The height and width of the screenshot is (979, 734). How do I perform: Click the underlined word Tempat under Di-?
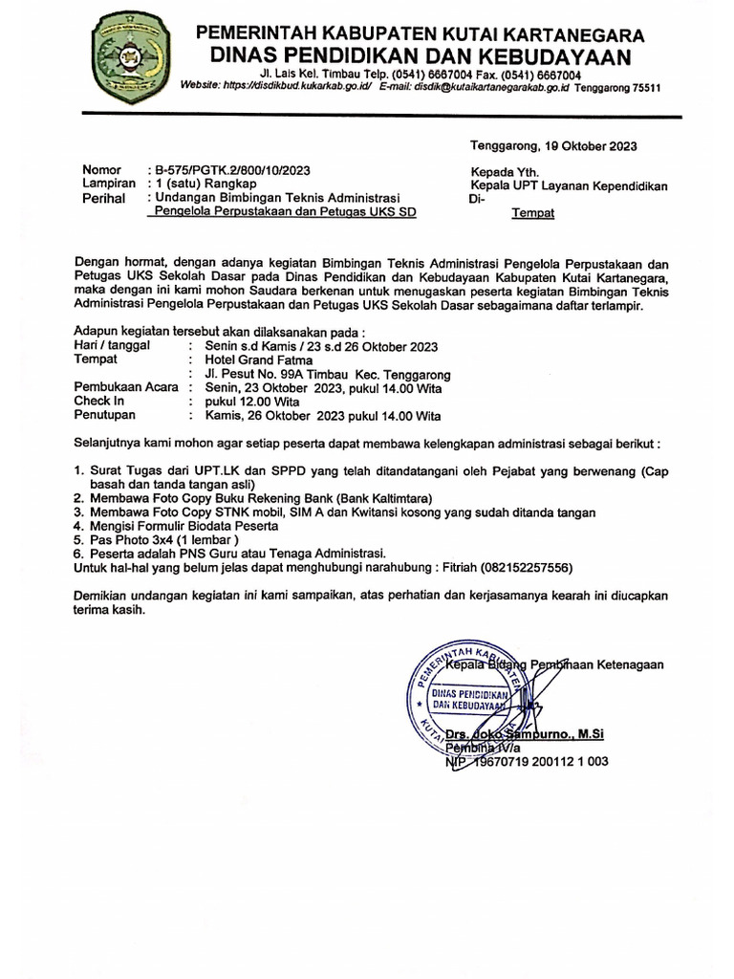point(532,213)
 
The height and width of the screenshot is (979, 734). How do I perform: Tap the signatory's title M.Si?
point(586,733)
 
